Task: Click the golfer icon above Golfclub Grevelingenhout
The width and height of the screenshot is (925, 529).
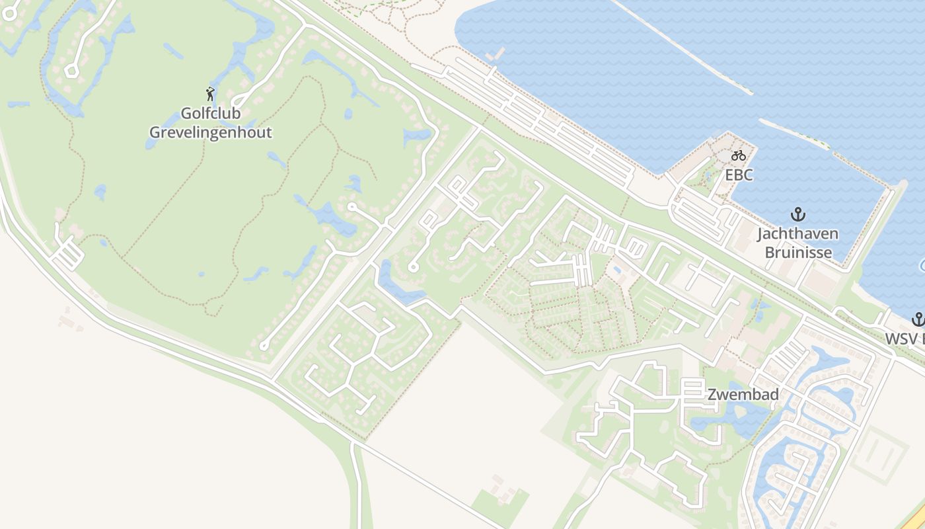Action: pos(210,94)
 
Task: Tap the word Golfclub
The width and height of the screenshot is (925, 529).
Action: pos(210,114)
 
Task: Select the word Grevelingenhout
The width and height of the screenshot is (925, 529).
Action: pos(210,132)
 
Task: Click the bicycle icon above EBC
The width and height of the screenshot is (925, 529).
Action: pos(739,156)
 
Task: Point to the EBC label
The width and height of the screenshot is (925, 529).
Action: pos(739,175)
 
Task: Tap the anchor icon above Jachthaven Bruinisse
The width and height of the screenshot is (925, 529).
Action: pos(798,215)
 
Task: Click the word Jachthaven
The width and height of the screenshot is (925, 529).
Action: pos(797,233)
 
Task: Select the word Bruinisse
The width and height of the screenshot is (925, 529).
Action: pos(797,252)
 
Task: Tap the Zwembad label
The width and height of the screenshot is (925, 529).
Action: pos(743,395)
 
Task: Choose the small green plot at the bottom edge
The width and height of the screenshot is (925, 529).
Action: pos(501,506)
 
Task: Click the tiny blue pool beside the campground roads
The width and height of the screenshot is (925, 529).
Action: pos(616,270)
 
